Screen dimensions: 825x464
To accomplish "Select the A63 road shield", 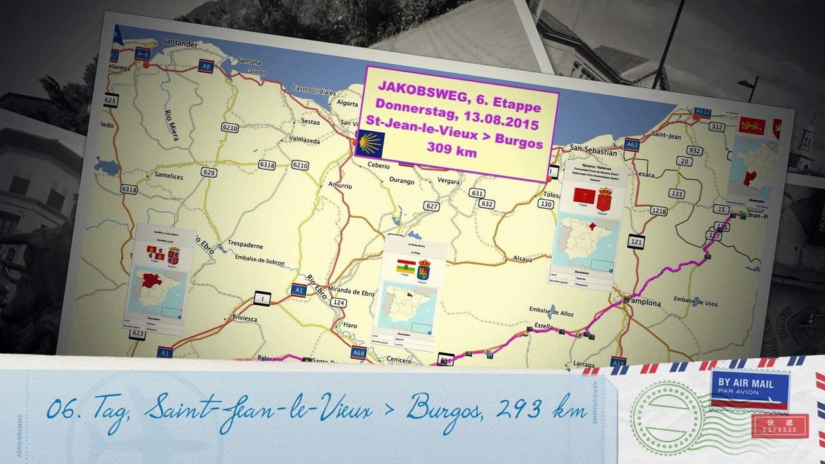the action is pyautogui.click(x=632, y=146).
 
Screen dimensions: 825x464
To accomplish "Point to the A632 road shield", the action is pyautogui.click(x=703, y=112).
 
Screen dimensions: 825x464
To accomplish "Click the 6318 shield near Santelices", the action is pyautogui.click(x=129, y=189).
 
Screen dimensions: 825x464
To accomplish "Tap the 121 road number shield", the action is pyautogui.click(x=637, y=242).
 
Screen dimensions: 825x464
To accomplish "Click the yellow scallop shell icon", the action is pyautogui.click(x=371, y=142).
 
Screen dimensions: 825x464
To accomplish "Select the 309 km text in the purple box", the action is pyautogui.click(x=451, y=152).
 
